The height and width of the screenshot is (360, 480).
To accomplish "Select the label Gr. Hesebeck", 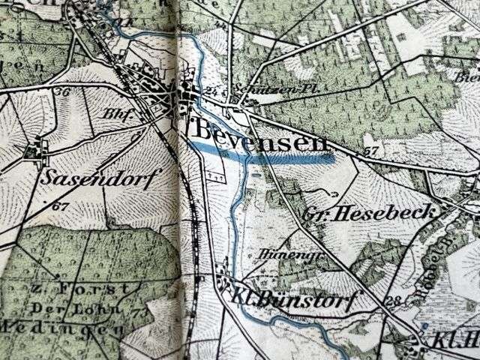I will (x=370, y=214).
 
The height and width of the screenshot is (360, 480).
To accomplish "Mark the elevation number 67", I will (x=61, y=205).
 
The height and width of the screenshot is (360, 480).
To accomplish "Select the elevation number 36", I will (x=61, y=92).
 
